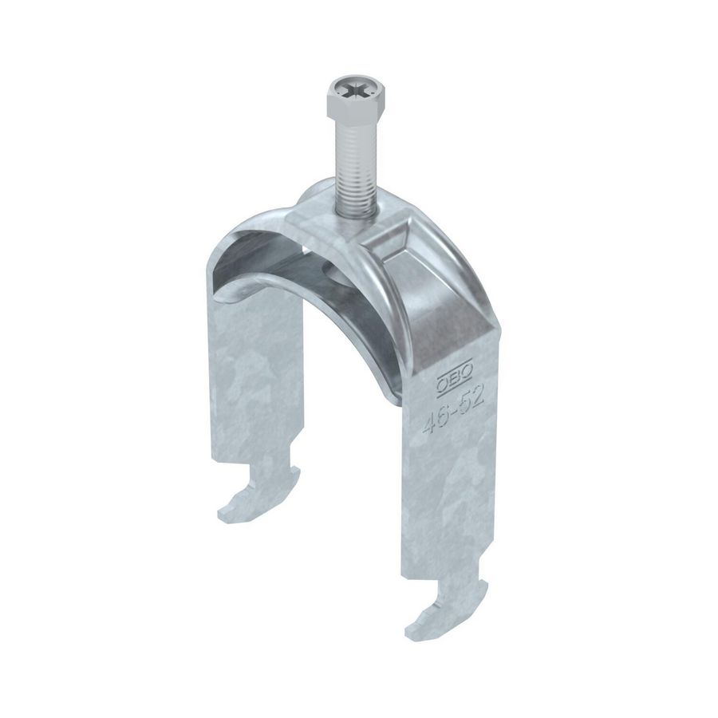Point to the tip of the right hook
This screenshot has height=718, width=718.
[x=416, y=623]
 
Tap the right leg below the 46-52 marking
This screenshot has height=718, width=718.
[x=451, y=495]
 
